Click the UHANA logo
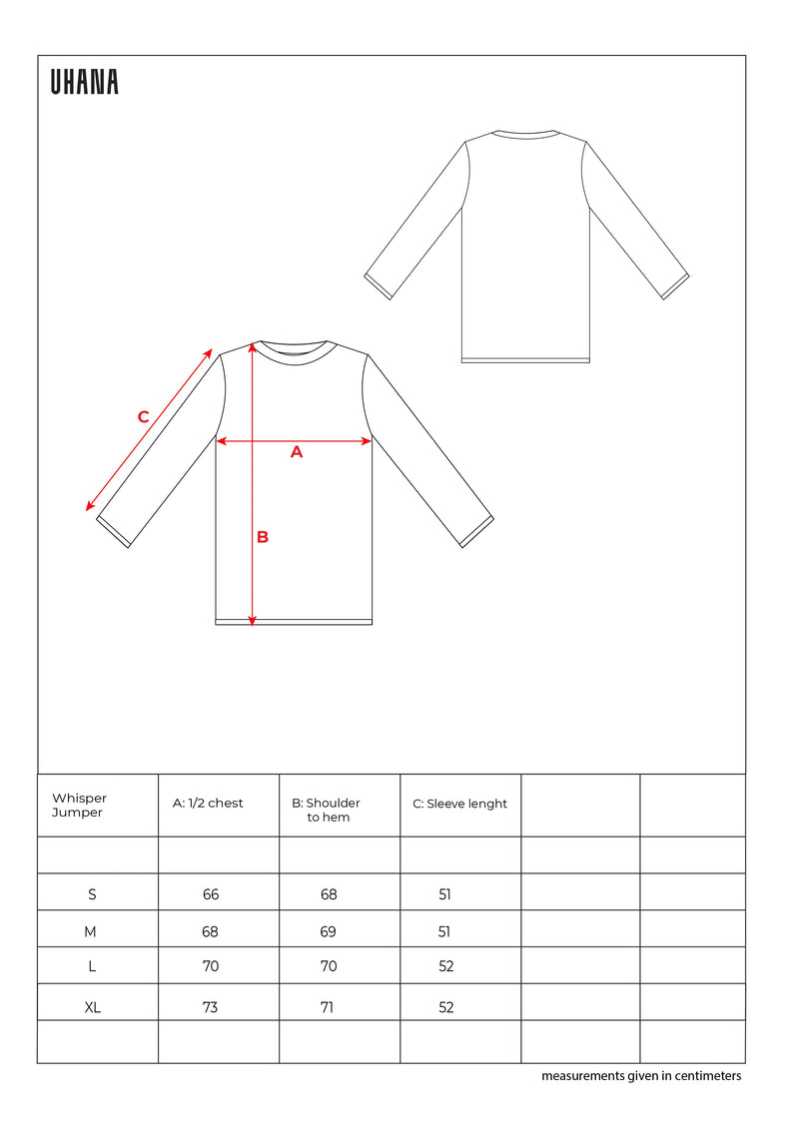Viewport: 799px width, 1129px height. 85,83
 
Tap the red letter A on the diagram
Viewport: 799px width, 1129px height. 296,452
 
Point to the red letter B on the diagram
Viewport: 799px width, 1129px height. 263,537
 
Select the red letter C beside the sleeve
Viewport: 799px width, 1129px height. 143,417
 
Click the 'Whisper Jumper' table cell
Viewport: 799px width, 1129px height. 80,805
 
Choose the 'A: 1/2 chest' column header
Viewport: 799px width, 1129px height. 209,804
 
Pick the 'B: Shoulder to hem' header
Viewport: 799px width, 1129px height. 327,810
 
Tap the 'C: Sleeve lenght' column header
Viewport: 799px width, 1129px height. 460,804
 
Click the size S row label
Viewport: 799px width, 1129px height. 92,894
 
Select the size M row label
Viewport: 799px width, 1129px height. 91,931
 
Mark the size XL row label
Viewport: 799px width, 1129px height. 93,1007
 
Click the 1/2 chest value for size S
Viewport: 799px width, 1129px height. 211,894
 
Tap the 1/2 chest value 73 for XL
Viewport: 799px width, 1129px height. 210,1007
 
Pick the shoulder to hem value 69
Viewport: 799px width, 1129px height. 329,931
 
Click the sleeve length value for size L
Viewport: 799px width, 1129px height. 445,966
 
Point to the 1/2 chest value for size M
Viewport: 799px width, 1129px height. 210,931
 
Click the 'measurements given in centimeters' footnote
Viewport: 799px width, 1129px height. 641,1076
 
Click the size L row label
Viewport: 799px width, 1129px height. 92,966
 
